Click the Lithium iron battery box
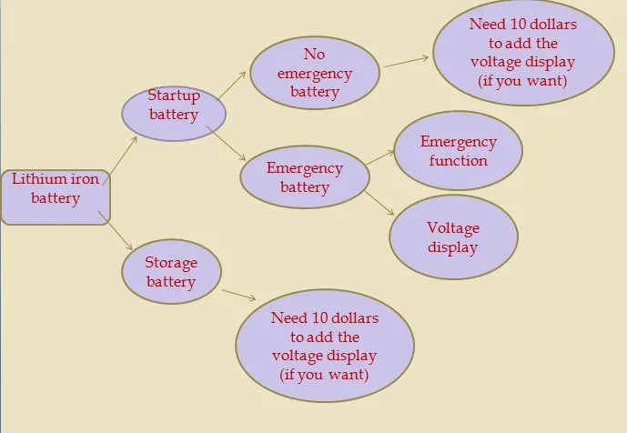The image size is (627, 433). tap(56, 196)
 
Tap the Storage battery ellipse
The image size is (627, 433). tap(171, 272)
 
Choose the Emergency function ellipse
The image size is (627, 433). tap(458, 152)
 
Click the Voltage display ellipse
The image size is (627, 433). tap(453, 237)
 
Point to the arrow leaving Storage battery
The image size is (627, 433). tap(238, 296)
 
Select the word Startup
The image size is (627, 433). tap(174, 95)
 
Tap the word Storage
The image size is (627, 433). tap(171, 263)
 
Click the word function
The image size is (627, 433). tap(459, 161)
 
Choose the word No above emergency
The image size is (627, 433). tap(314, 55)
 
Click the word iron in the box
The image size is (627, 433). tap(85, 179)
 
